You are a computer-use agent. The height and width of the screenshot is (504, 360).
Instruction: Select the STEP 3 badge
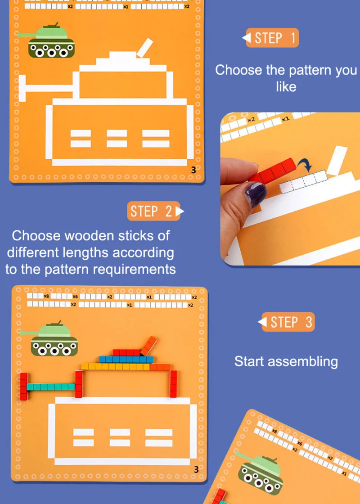click(286, 322)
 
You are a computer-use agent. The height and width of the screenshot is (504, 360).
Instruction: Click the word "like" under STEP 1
click(286, 86)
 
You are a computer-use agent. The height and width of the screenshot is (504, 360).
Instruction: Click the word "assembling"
click(303, 362)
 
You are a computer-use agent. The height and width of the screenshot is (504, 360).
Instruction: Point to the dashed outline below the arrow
click(303, 182)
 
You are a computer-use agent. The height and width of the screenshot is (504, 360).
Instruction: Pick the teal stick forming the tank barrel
click(51, 387)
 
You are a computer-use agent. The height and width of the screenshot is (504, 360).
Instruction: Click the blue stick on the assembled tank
click(126, 360)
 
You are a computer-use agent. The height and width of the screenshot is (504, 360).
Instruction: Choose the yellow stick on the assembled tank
click(116, 366)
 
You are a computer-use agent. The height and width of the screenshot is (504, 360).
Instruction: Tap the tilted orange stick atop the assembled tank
click(149, 346)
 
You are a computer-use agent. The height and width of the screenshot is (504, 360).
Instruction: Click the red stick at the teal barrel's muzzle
click(24, 387)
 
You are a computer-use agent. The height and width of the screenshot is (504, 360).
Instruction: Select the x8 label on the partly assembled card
click(47, 296)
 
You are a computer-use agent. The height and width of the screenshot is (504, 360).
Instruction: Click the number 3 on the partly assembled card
click(196, 470)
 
